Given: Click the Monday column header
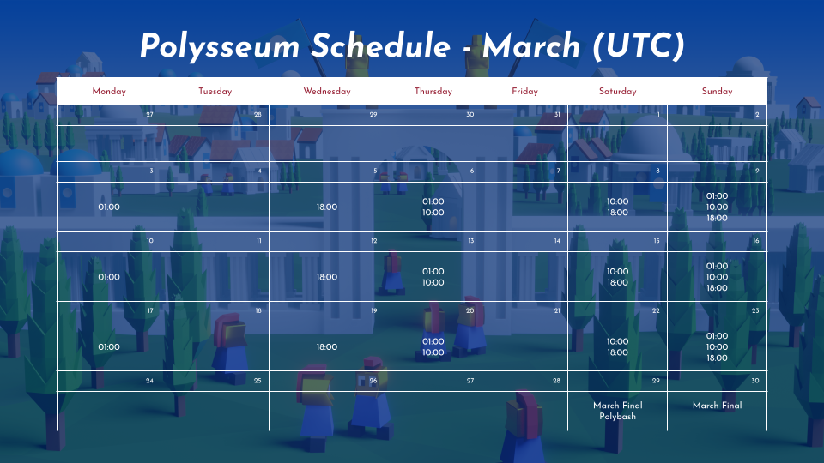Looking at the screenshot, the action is (109, 92).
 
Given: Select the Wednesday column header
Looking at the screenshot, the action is (327, 92).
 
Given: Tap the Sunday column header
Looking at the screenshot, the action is (717, 92).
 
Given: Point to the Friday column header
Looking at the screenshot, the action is (524, 92).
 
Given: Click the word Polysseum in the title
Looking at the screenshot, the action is (220, 46).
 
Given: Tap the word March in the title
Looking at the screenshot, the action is (531, 45).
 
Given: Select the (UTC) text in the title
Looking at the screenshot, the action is (639, 45).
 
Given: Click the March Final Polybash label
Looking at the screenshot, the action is (617, 411).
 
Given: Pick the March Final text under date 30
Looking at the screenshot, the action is (717, 406).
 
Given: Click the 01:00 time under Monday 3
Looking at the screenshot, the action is (109, 207).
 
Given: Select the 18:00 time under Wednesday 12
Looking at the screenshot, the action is (327, 277).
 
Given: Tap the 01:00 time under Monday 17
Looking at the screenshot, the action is (109, 347).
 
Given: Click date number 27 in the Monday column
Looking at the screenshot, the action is (149, 114).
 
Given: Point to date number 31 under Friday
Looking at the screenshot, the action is (557, 114).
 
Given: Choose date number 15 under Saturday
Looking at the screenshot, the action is (657, 240).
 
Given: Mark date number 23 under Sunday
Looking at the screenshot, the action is (755, 310).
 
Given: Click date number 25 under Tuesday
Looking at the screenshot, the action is (257, 381).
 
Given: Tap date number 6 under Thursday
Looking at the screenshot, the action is (472, 171).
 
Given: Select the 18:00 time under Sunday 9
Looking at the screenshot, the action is (717, 218).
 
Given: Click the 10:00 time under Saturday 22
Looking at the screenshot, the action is (617, 341).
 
